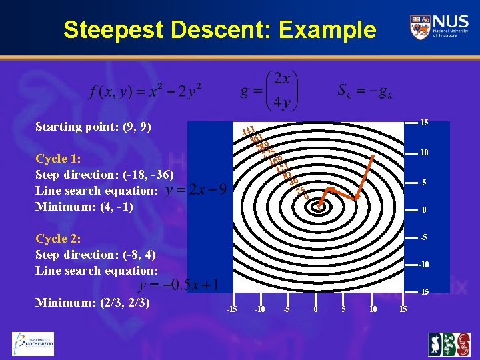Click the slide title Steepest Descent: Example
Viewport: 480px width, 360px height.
click(x=219, y=30)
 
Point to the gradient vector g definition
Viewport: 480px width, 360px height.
click(x=269, y=90)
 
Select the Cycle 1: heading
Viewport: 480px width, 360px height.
click(x=58, y=159)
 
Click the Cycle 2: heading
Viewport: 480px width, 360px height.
click(x=58, y=239)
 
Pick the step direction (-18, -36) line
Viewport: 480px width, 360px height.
click(x=105, y=175)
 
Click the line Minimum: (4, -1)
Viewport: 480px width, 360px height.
click(x=84, y=207)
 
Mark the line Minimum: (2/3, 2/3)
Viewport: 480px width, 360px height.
click(x=92, y=303)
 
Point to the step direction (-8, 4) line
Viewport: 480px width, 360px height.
click(x=97, y=255)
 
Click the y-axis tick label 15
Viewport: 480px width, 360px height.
click(x=423, y=122)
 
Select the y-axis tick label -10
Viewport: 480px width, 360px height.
click(x=423, y=265)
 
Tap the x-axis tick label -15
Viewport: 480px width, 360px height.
click(x=231, y=309)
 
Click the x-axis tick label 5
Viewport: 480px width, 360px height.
click(x=343, y=309)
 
